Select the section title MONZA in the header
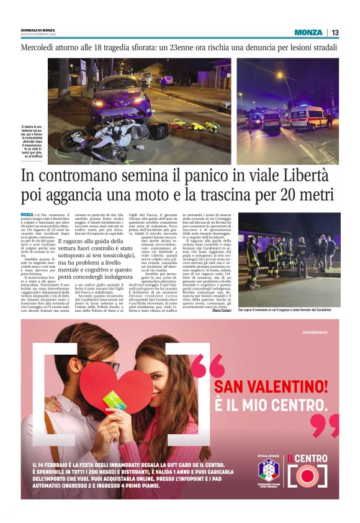(x=308, y=32)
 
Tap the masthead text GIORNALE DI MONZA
(x=38, y=29)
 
